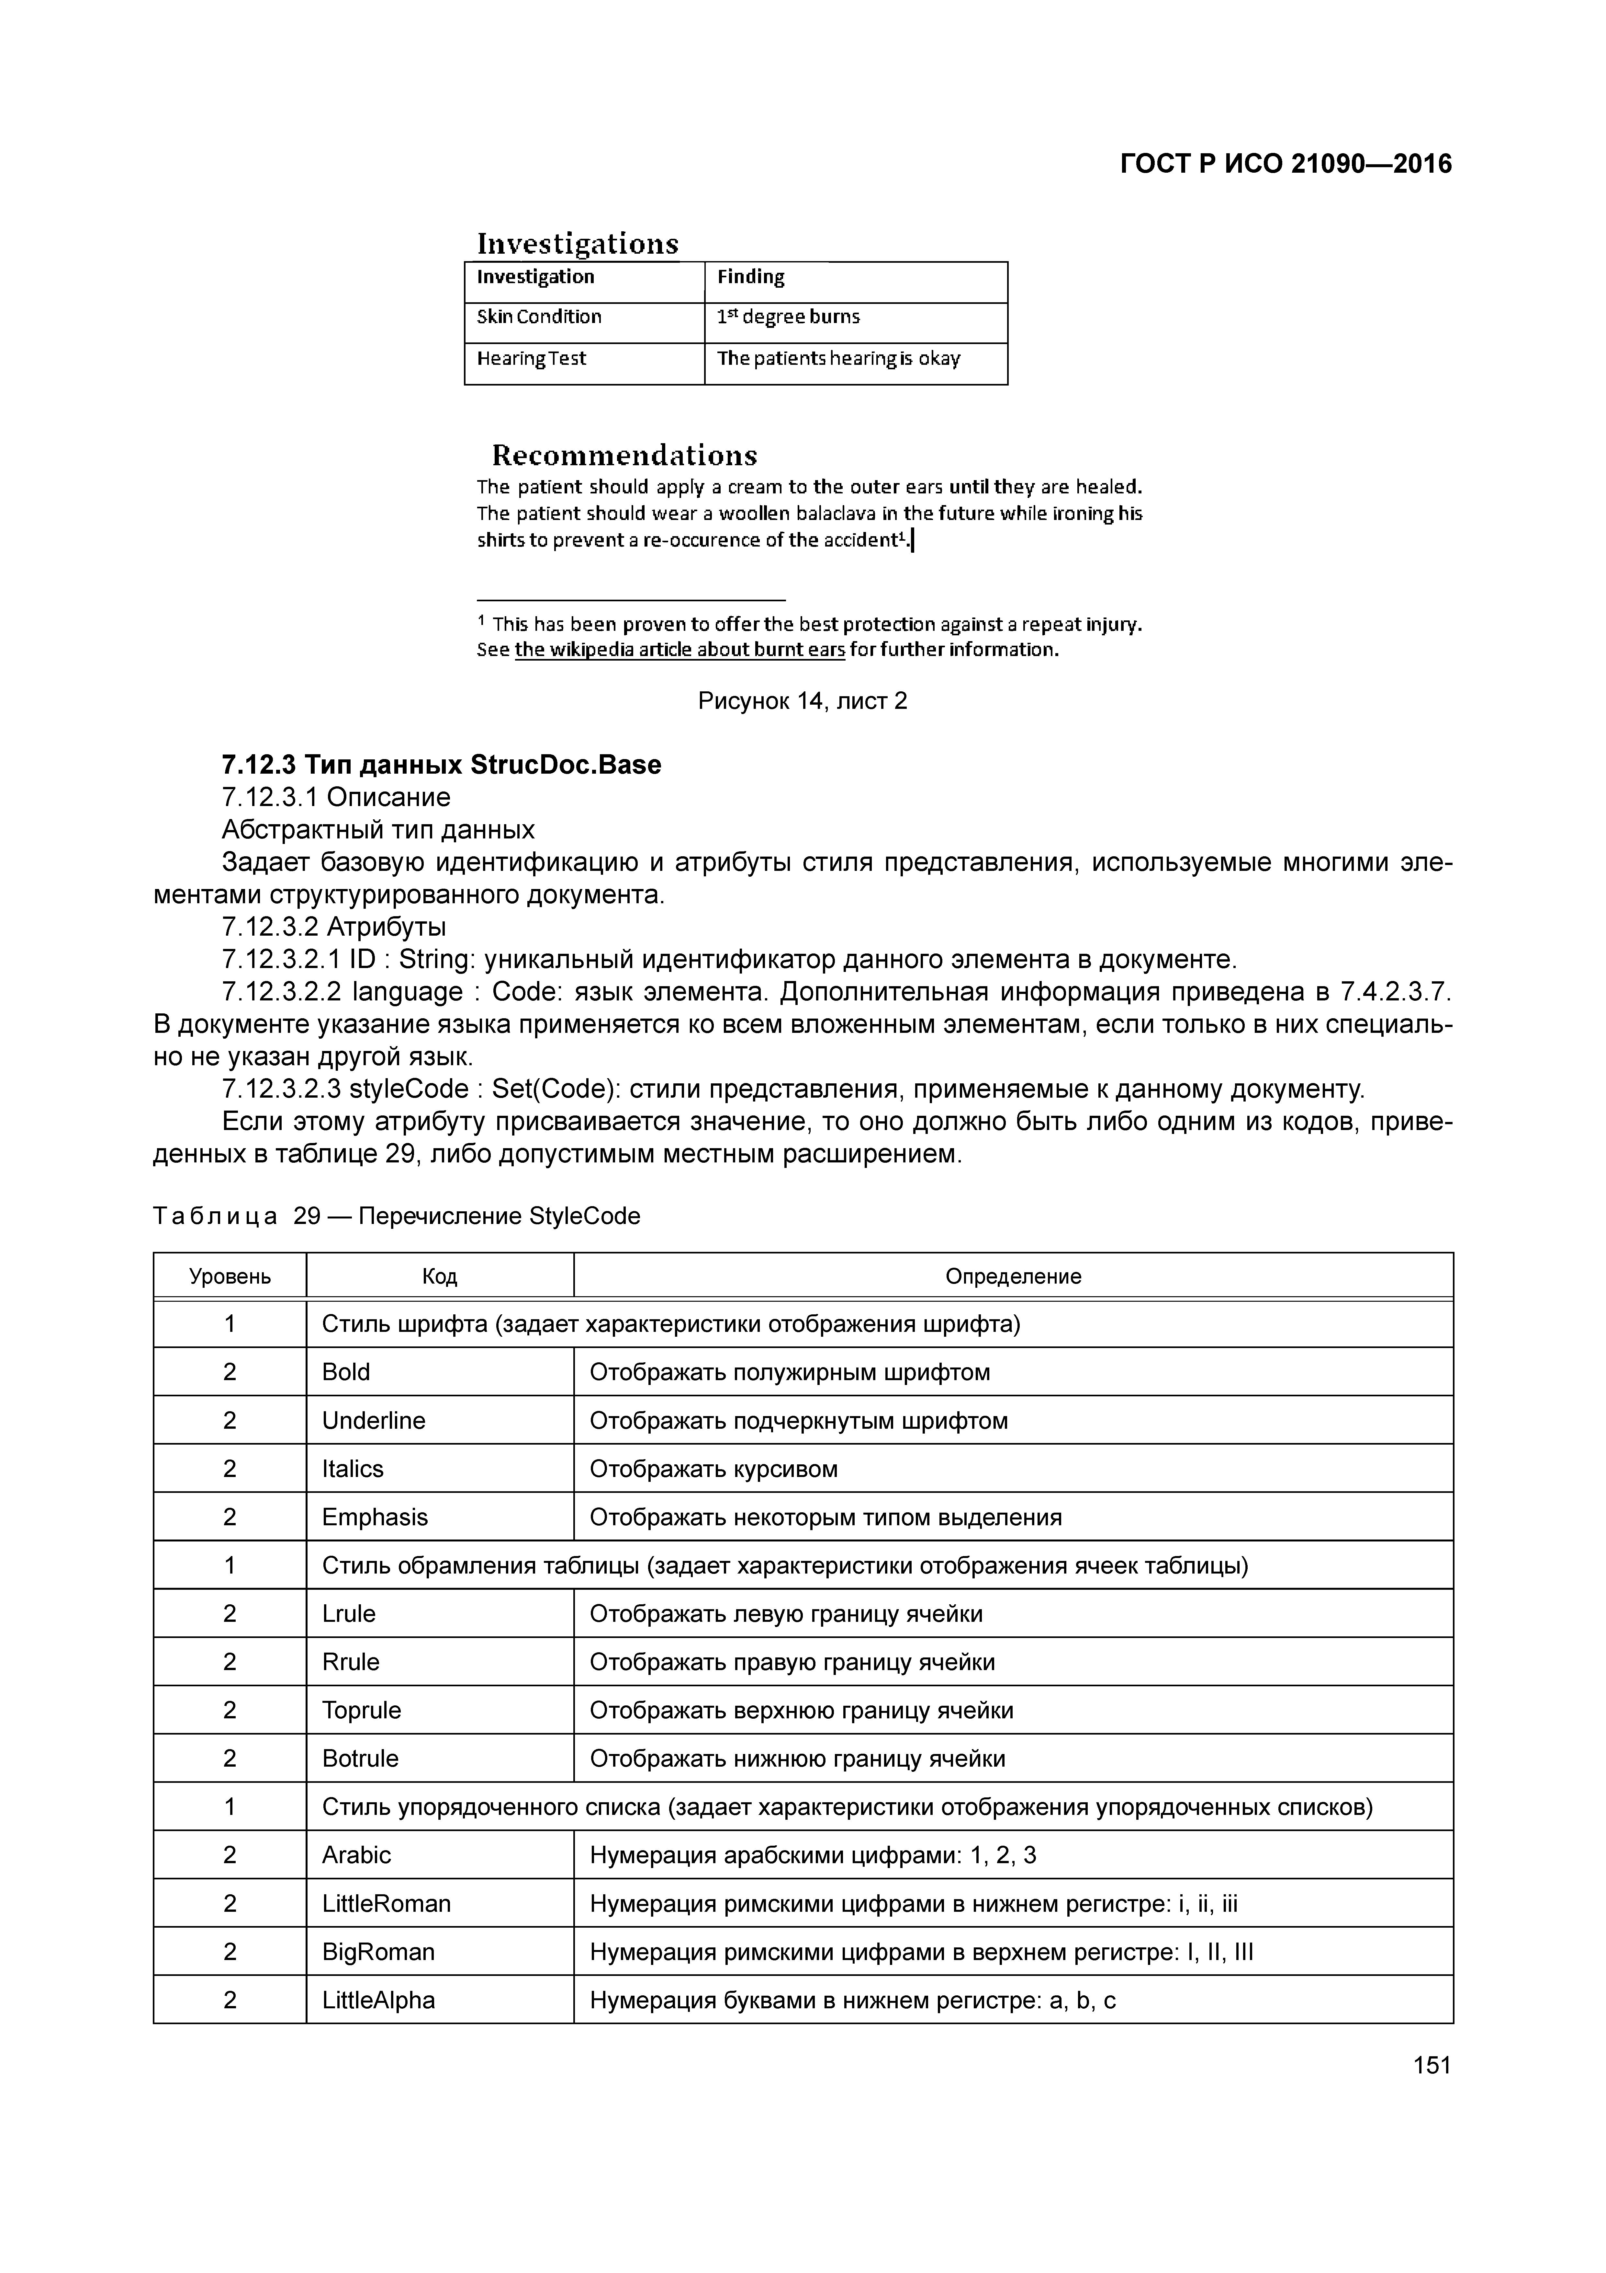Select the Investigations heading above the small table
coord(578,244)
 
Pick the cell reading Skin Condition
coord(539,317)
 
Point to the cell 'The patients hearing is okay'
coord(838,358)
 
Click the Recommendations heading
coord(624,456)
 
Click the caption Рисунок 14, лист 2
coord(803,702)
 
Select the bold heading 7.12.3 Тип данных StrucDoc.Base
coord(441,765)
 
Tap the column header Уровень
coord(230,1276)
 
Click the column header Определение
coord(1013,1276)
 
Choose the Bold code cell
coord(346,1372)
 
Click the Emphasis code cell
coord(375,1517)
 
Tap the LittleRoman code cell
coord(386,1904)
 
